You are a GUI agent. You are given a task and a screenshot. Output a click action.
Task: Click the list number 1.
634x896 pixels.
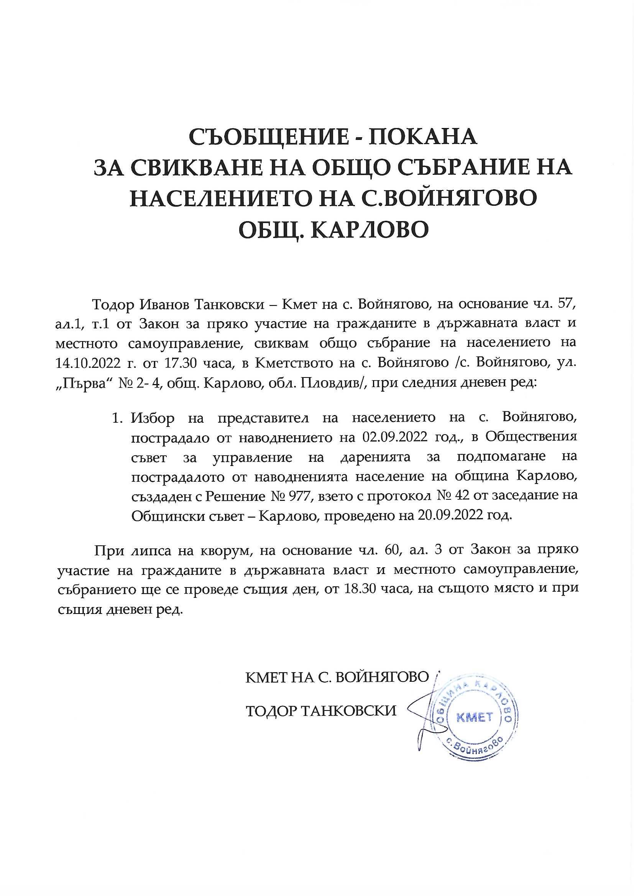click(x=115, y=418)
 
